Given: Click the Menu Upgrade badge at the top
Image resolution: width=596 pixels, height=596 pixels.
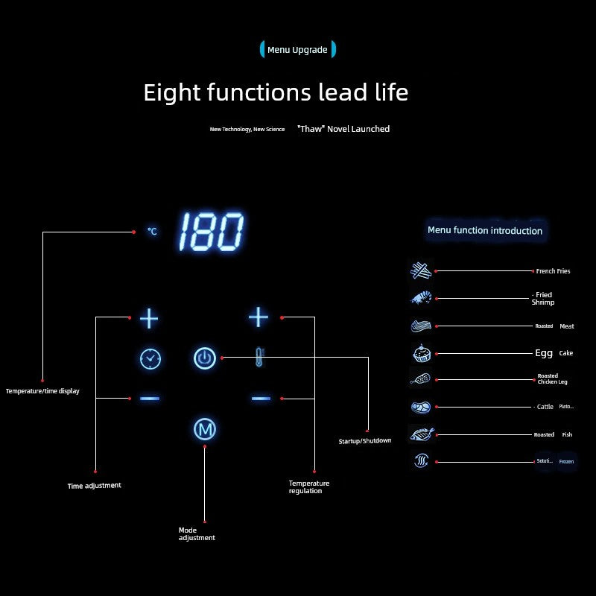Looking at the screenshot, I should [297, 50].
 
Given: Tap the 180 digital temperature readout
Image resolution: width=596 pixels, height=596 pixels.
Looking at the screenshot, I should [211, 232].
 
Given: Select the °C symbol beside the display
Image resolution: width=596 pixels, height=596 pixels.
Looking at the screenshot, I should [152, 232].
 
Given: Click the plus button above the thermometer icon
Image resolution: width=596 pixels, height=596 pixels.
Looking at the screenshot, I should [259, 318].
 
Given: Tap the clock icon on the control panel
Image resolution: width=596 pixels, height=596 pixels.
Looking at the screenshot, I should [150, 358].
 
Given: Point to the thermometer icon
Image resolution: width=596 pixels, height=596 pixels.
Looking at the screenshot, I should [259, 358].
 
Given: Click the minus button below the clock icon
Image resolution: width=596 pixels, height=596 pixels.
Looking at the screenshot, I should [150, 399].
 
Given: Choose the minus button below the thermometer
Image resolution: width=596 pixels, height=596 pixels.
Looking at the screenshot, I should [261, 399].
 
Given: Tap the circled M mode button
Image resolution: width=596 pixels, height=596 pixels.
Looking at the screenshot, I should [205, 429].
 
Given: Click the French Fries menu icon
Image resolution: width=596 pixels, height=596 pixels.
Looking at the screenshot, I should [421, 270].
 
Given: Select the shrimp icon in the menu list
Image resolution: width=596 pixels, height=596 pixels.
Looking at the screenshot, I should [421, 298].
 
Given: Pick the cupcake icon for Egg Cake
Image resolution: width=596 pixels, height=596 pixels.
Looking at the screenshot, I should [421, 352].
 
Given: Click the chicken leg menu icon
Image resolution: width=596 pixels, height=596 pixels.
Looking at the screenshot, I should [420, 379].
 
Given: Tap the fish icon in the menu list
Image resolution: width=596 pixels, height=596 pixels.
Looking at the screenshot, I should [421, 434].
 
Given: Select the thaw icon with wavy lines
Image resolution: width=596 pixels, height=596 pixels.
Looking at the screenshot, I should [421, 461].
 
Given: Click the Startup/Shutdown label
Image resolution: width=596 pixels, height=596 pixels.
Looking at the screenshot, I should [365, 441].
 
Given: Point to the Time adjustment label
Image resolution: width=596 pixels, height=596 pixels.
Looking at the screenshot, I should [95, 486].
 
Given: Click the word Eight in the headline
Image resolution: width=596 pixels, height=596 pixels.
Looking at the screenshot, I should [172, 93].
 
